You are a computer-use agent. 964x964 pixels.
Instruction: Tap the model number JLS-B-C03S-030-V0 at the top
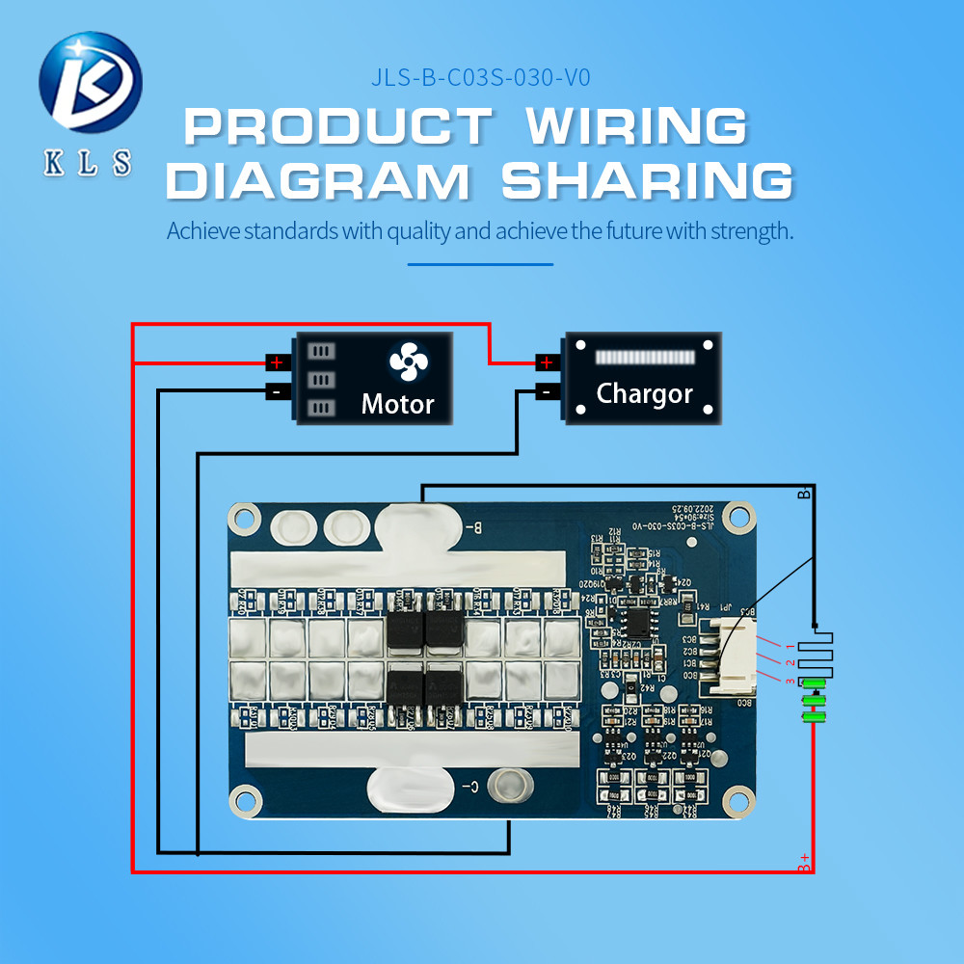[x=480, y=78]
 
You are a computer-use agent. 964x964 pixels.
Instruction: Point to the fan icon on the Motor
[x=408, y=361]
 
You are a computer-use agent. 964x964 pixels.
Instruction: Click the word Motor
[x=397, y=404]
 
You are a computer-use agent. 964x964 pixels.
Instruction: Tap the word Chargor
[x=644, y=393]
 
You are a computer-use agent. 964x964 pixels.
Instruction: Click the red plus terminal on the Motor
[x=278, y=363]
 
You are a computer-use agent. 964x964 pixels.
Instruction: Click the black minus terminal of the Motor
[x=278, y=392]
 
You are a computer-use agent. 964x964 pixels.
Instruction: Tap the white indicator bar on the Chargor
[x=644, y=358]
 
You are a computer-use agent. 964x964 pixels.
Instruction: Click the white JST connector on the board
[x=735, y=656]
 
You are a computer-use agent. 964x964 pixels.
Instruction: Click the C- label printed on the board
[x=469, y=786]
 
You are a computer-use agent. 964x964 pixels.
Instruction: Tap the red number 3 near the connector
[x=790, y=682]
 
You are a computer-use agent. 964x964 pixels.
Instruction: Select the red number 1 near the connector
[x=790, y=645]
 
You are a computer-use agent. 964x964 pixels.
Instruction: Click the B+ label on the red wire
[x=804, y=863]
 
